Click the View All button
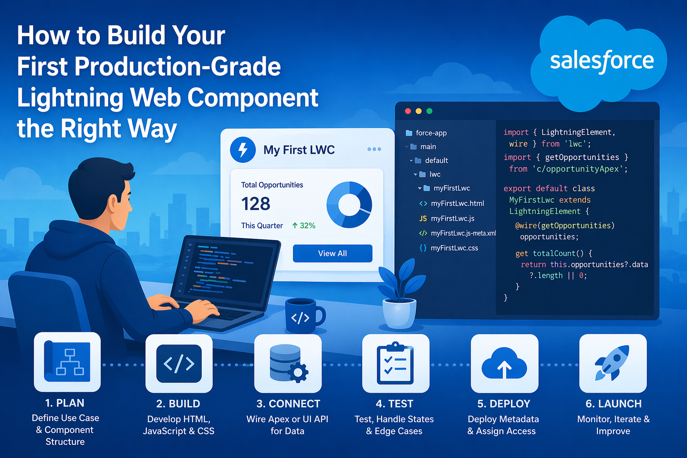332,253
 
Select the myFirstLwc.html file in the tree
457,204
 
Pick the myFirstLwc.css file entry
454,248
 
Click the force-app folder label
431,133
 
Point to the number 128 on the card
256,204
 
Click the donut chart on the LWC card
349,205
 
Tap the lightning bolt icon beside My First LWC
243,150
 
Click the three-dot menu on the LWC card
374,149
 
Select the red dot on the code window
407,111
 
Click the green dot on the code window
429,111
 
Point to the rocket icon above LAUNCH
613,363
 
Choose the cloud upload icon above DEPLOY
504,364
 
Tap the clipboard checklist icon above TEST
395,363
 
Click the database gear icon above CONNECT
288,363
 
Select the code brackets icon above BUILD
179,364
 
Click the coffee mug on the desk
303,316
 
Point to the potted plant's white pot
399,314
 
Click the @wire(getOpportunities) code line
564,225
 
